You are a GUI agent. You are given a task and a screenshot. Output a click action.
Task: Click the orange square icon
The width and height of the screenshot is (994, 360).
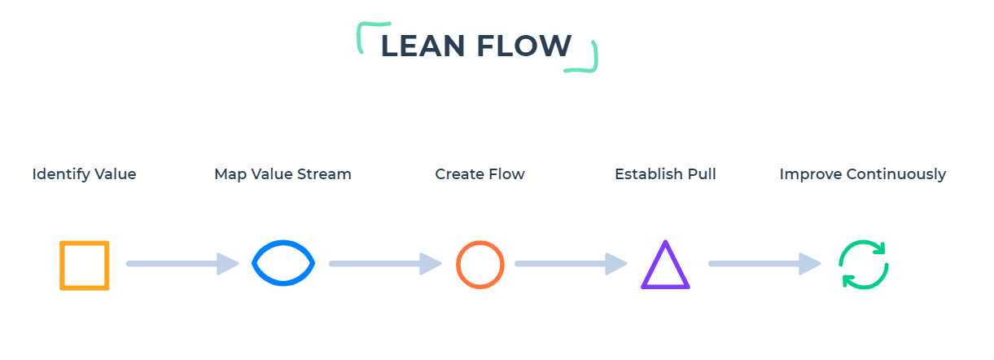pyautogui.click(x=84, y=265)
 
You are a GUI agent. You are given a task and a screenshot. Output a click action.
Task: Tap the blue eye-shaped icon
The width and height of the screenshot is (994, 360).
pyautogui.click(x=283, y=263)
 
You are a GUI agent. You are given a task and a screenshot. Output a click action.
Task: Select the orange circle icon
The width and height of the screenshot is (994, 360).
pyautogui.click(x=479, y=265)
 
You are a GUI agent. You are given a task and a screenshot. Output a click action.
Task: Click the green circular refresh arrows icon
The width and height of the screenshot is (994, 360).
pyautogui.click(x=864, y=265)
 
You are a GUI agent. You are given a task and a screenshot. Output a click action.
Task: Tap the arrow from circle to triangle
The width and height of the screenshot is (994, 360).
pyautogui.click(x=571, y=264)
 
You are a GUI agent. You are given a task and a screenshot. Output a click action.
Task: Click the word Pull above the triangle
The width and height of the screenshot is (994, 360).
pyautogui.click(x=703, y=174)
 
